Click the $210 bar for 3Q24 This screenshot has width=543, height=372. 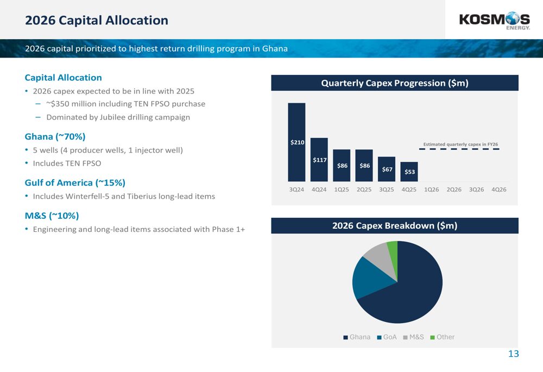coord(296,142)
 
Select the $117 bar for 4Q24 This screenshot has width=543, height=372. coord(319,160)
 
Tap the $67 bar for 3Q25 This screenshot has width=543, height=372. coord(387,169)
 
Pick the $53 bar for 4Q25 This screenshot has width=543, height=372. coord(409,172)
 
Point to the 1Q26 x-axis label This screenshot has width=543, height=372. coord(432,190)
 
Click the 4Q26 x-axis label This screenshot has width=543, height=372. coord(499,190)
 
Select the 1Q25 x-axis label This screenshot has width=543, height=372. coord(342,190)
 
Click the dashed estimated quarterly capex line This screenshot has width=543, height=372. coord(459,149)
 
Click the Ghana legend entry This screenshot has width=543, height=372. coord(357,337)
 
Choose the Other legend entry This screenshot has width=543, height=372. coord(442,337)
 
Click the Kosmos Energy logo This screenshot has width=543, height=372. coord(495,21)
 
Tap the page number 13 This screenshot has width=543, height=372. coord(514,354)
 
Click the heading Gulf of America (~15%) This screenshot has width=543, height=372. coord(75,183)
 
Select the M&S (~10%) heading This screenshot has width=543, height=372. coord(52,216)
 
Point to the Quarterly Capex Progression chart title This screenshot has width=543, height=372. coord(395,83)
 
